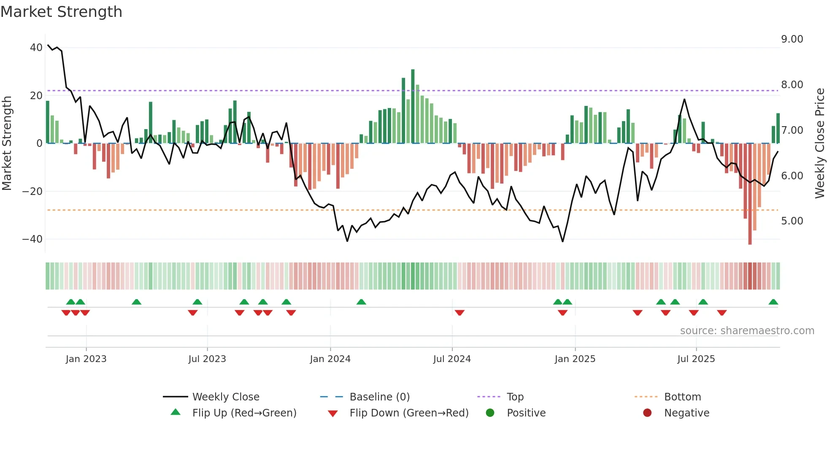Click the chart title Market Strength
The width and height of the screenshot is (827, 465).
pos(61,12)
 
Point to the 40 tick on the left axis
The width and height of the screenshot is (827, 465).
pos(36,48)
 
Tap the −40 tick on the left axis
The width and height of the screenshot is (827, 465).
pos(32,239)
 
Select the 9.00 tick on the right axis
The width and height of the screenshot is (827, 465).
pos(792,39)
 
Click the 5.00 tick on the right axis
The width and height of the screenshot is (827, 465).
pos(792,221)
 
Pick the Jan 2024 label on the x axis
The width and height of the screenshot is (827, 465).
pos(330,359)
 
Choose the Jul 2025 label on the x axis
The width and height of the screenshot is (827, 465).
pos(696,359)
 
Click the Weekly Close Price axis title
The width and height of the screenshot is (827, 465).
pos(819,143)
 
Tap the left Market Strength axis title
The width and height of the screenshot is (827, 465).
pos(7,143)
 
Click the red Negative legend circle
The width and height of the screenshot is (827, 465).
pos(647,413)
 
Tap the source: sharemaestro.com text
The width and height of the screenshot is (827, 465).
pos(747,331)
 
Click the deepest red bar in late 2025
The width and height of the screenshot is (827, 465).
pos(750,194)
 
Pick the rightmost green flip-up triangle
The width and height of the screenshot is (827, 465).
pos(773,302)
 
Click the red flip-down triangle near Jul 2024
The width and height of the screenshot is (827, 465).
pos(459,313)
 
